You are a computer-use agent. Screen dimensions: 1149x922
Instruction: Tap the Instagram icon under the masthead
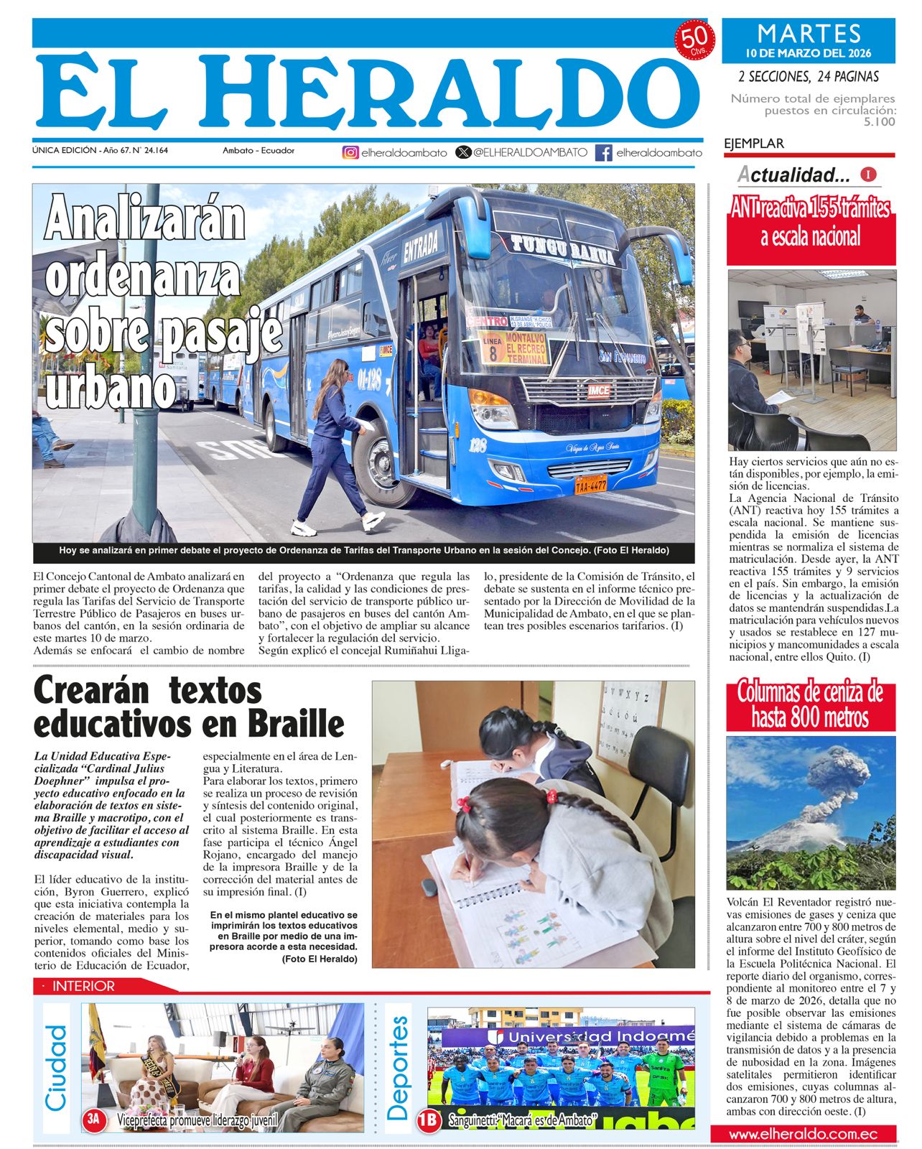pyautogui.click(x=350, y=152)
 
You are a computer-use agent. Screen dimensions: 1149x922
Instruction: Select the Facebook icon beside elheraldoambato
pyautogui.click(x=604, y=152)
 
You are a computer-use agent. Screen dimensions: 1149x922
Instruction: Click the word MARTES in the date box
pyautogui.click(x=809, y=34)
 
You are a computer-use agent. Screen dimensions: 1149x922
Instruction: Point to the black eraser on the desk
pyautogui.click(x=429, y=887)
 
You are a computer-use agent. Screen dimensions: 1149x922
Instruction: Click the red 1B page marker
pyautogui.click(x=429, y=1119)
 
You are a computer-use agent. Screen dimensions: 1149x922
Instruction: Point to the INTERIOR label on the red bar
pyautogui.click(x=83, y=987)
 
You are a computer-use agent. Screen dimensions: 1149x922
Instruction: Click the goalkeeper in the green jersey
pyautogui.click(x=658, y=1077)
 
